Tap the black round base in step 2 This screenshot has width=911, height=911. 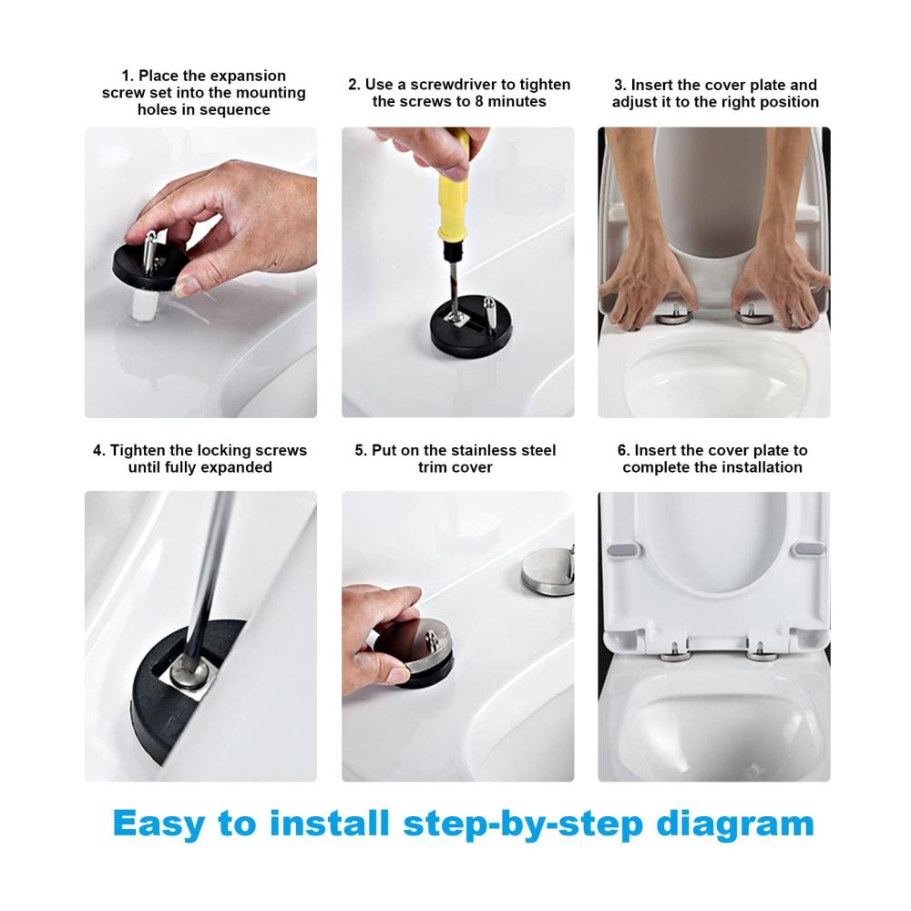click(471, 326)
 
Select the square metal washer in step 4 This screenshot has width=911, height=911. click(192, 681)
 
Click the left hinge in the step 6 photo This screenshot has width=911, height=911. click(675, 653)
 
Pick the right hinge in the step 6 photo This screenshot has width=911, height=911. click(759, 653)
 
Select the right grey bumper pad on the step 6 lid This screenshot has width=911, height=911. click(809, 549)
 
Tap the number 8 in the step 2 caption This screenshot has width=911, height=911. click(478, 101)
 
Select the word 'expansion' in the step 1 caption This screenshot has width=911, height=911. click(250, 77)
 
